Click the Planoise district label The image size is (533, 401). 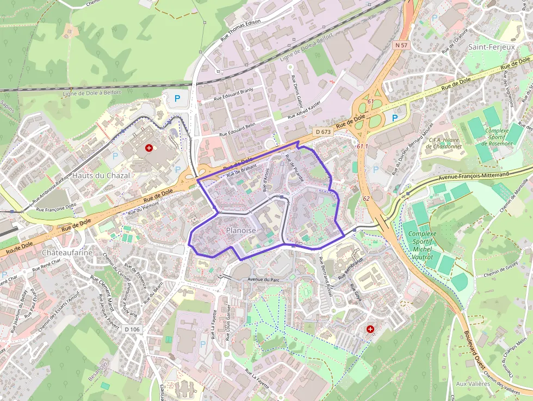[241, 231]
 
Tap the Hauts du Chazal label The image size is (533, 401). [101, 176]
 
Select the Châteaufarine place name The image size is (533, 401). [67, 253]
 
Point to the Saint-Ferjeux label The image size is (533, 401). [491, 47]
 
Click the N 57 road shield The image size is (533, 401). [401, 45]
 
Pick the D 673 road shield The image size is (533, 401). [323, 132]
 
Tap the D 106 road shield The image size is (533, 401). [132, 329]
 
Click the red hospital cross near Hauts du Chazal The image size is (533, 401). [148, 147]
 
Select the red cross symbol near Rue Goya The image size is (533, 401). [370, 329]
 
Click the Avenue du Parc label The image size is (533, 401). [263, 280]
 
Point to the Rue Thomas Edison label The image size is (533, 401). [240, 30]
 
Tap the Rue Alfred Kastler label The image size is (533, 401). [304, 109]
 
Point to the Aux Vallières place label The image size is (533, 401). [473, 384]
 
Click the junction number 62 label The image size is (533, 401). [366, 199]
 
